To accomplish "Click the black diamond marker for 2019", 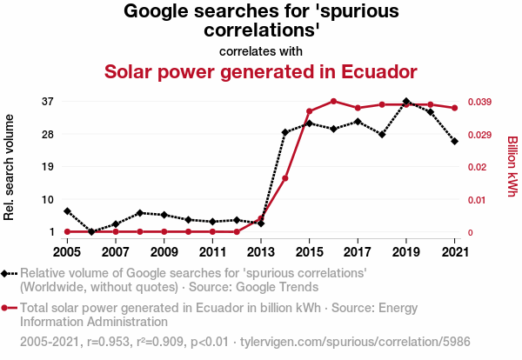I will click(x=406, y=102).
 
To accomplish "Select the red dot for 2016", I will click(x=333, y=101).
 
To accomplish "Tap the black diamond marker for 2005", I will click(x=67, y=211).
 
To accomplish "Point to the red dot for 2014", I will click(x=285, y=178).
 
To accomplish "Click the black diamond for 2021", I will click(x=454, y=141).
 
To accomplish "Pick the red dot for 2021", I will click(x=454, y=108).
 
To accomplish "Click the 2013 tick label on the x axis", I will click(x=261, y=252).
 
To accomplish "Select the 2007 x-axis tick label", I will click(x=116, y=252).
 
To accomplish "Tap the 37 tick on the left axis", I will click(x=49, y=102).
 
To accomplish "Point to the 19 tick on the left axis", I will click(x=49, y=167).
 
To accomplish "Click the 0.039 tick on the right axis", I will click(x=480, y=102).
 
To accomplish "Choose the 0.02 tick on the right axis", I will click(x=478, y=167).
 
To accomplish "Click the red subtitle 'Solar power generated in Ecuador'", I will click(x=261, y=71).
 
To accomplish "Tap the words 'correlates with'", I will click(x=261, y=50).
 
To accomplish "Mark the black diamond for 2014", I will click(x=285, y=132).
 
